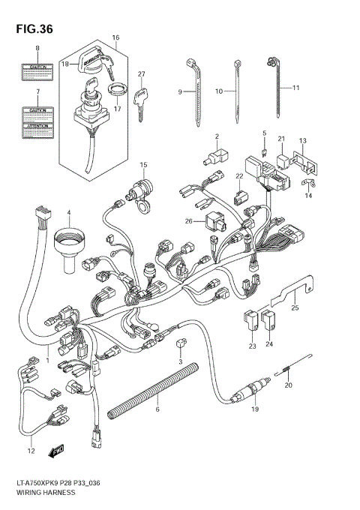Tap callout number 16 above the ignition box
pyautogui.click(x=115, y=37)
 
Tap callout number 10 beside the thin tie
pyautogui.click(x=220, y=91)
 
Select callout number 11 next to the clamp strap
pyautogui.click(x=295, y=88)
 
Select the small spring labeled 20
pyautogui.click(x=287, y=367)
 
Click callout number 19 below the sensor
pyautogui.click(x=255, y=410)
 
